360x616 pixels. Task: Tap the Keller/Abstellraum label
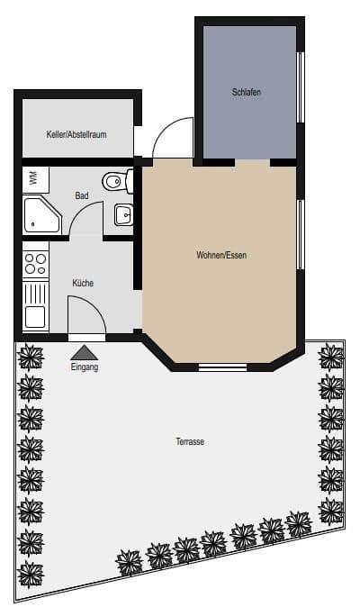coord(76,133)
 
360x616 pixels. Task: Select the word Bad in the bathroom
coord(82,195)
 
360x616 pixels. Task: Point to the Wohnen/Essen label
coord(221,255)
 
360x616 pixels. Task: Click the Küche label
coord(83,283)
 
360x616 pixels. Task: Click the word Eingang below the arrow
coord(84,367)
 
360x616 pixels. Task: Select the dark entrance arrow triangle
coord(84,352)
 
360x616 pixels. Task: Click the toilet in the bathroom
coord(116,183)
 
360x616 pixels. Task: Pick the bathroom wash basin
coord(123,215)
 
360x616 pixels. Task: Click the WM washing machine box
coord(33,178)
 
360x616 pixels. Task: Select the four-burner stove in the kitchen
coord(36,264)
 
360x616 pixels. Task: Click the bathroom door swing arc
coord(86,219)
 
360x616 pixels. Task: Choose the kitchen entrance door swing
coord(87,315)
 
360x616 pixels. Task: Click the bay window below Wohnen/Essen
coord(221,367)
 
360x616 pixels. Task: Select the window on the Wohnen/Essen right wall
coord(301,233)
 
